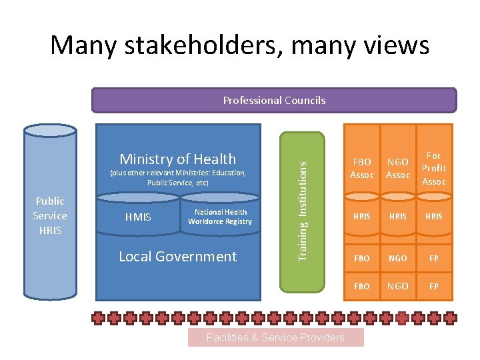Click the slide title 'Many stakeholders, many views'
(x=240, y=45)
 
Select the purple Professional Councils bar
(x=274, y=100)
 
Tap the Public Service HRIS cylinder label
(x=50, y=215)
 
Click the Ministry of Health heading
(x=177, y=159)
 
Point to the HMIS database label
(x=138, y=217)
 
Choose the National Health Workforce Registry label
(x=220, y=217)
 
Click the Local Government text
(x=177, y=256)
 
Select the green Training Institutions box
(x=302, y=212)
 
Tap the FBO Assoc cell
(x=362, y=169)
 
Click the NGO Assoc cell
(x=398, y=169)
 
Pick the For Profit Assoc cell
(x=434, y=168)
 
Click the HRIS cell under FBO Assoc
(x=362, y=217)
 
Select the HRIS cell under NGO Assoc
(x=398, y=217)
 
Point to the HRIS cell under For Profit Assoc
(x=434, y=217)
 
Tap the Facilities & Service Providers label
(x=275, y=337)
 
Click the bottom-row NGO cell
(x=398, y=286)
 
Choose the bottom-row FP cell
(x=434, y=286)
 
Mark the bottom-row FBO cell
(x=362, y=286)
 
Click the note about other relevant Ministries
(x=177, y=177)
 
